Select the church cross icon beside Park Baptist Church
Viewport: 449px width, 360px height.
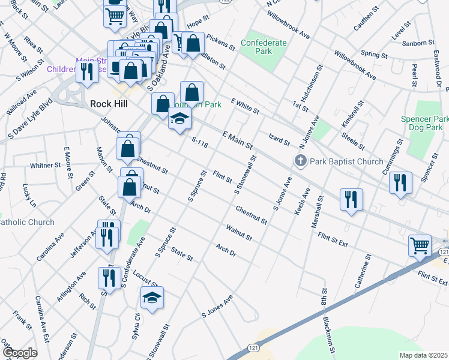click(x=300, y=161)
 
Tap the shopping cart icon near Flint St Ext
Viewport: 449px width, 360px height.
click(x=420, y=245)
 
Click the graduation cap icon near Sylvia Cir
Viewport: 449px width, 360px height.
click(x=152, y=297)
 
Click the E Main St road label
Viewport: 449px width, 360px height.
click(x=238, y=142)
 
